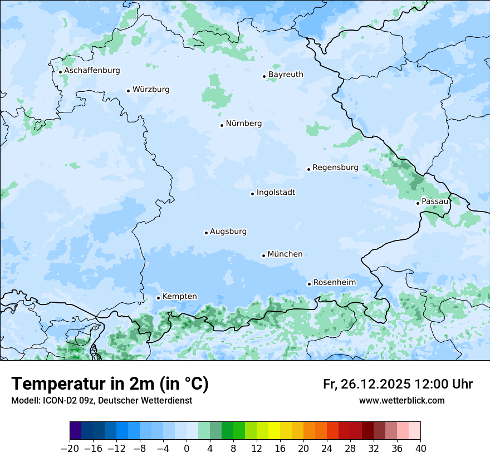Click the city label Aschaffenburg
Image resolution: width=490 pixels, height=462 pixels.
92,71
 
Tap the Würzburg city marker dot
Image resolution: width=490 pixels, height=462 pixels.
128,91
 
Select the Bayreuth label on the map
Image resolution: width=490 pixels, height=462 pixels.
286,75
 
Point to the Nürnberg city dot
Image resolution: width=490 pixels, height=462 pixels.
222,125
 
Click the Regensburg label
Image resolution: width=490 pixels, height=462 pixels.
335,168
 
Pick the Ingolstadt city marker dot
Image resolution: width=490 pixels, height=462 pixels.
252,194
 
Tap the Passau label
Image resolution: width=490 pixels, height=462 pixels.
435,201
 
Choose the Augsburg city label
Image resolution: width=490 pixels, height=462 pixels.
228,232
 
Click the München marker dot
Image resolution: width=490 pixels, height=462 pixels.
263,255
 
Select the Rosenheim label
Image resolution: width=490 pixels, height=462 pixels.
334,283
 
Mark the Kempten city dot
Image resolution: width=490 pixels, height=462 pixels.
158,298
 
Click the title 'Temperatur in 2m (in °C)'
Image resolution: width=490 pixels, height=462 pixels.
110,384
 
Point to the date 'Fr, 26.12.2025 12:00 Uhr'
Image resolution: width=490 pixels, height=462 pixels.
398,384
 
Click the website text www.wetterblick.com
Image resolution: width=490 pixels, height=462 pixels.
401,400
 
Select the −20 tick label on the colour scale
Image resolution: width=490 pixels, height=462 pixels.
70,449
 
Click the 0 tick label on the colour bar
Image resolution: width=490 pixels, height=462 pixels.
187,449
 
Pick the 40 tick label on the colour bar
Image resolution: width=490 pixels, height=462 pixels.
420,449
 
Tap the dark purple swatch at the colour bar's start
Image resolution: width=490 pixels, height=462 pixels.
76,431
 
